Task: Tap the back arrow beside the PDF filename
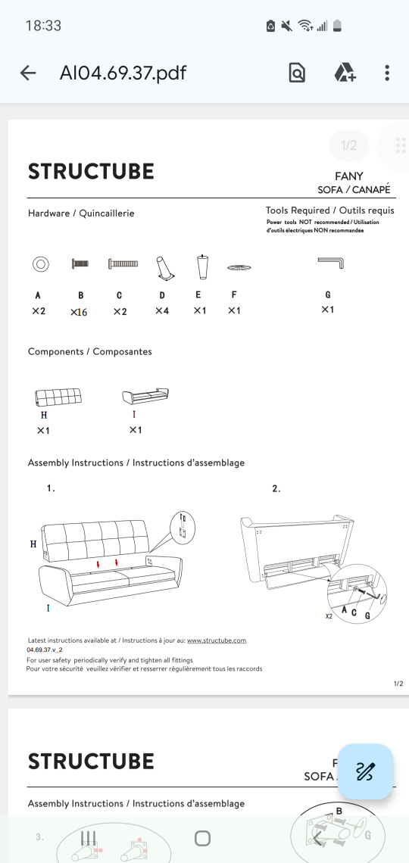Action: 27,73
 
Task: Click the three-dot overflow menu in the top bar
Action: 387,73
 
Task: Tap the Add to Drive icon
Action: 345,73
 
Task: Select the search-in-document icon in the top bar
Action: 297,73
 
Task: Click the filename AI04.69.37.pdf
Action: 123,73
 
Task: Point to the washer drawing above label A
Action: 40,264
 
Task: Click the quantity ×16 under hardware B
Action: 79,312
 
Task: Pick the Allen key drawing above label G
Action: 331,262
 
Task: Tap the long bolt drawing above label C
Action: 123,264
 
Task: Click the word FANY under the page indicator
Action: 349,176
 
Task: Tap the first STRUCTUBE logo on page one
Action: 91,172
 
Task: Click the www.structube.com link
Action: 217,640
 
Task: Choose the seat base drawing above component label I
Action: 145,395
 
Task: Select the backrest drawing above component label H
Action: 58,397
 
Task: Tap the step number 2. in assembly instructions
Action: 276,488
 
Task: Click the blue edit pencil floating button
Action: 365,771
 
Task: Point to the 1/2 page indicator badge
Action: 349,145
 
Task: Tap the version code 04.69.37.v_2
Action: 45,650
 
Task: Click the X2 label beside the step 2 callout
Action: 329,616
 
